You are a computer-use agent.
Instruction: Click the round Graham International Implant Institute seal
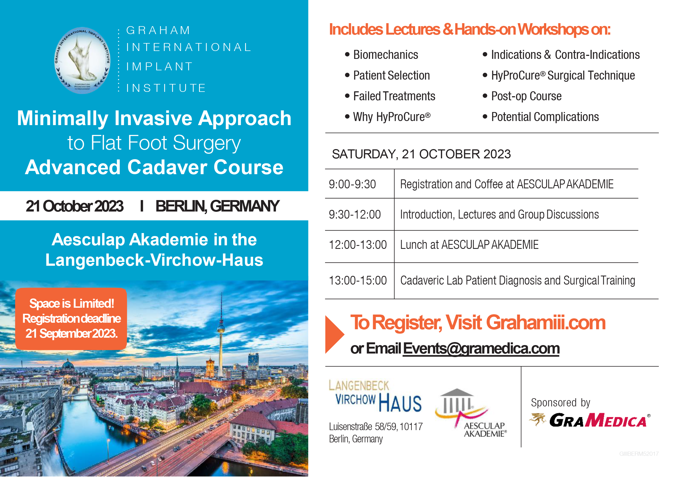click(82, 60)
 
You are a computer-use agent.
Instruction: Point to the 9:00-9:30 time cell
click(352, 185)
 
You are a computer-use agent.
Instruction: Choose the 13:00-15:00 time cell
click(358, 280)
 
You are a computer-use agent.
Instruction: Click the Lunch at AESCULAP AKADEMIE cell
click(469, 245)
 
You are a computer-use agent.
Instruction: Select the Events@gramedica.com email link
click(481, 349)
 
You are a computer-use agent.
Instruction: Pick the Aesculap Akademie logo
click(470, 413)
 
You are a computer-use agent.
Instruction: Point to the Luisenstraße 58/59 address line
click(376, 427)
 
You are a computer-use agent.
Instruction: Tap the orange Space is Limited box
click(71, 319)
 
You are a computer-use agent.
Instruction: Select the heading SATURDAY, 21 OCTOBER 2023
click(421, 154)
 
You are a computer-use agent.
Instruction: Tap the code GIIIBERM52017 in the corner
click(639, 454)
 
